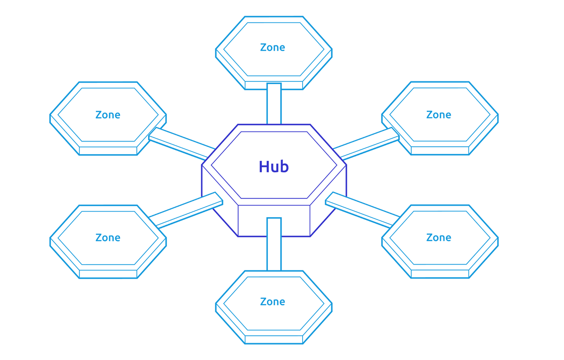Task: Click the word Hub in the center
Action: coord(274,166)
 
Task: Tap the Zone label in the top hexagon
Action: coord(273,47)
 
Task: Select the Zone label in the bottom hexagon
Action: coord(273,302)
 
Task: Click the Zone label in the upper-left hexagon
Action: coord(108,115)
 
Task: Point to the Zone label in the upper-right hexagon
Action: coord(439,115)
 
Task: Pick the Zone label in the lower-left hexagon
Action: coord(108,238)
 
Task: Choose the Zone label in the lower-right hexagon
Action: coord(439,237)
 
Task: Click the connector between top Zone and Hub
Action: coord(274,104)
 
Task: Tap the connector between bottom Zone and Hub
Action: coord(274,244)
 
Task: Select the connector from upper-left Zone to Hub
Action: coord(182,143)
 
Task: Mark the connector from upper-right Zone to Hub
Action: coord(366,143)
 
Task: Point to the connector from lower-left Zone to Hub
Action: coord(186,210)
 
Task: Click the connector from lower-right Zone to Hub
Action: coord(362,210)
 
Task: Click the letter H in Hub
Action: coord(263,166)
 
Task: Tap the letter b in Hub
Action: coord(284,166)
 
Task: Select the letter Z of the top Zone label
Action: coord(263,47)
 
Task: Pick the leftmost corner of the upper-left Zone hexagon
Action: coord(50,115)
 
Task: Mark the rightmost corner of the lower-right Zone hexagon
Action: coord(498,238)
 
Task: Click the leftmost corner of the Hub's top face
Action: coord(202,165)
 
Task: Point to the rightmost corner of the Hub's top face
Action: coord(346,165)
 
